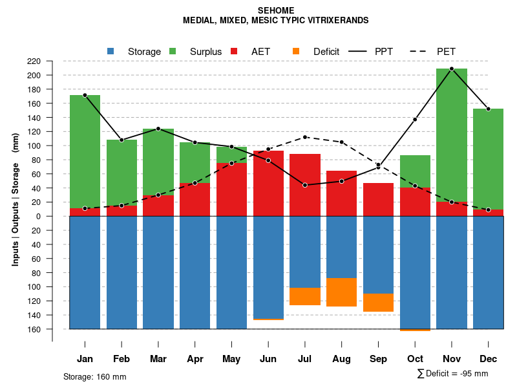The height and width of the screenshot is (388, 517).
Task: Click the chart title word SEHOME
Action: pos(275,10)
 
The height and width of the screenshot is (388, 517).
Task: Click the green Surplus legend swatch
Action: pos(173,51)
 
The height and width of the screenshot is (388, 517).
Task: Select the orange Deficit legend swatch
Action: pos(296,51)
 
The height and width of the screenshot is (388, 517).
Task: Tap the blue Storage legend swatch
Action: pos(111,51)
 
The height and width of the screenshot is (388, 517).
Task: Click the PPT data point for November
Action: pos(452,69)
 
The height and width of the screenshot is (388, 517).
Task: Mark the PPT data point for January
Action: pos(85,95)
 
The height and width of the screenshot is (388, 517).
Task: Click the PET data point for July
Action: pos(305,137)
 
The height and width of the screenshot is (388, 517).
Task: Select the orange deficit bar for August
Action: pos(342,292)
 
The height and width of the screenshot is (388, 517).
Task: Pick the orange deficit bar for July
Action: pos(305,297)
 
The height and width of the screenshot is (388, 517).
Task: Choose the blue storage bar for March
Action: pos(158,272)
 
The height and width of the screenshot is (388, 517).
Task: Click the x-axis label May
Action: pos(231,359)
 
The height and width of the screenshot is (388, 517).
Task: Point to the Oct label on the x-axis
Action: pos(415,359)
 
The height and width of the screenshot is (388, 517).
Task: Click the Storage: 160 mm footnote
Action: pos(95,376)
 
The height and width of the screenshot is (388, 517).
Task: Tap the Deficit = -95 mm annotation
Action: pos(452,374)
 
